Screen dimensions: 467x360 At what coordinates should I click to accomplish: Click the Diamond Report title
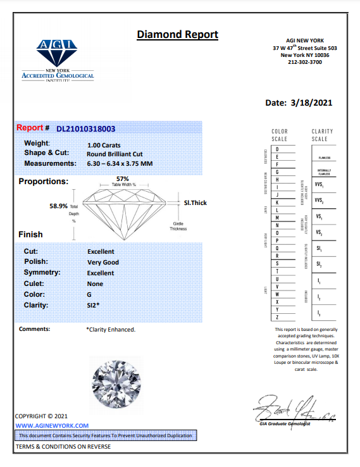click(177, 35)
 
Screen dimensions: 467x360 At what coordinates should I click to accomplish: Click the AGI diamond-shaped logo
click(58, 52)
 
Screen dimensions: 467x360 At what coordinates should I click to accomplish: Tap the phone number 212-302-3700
click(305, 62)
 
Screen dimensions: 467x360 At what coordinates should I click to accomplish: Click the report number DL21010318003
click(86, 128)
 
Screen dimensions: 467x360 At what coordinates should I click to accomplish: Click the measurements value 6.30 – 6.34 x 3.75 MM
click(120, 164)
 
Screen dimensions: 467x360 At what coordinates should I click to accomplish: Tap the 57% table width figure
click(123, 178)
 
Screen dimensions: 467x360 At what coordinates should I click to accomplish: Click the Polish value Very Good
click(103, 262)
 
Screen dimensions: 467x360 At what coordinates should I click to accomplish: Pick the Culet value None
click(95, 284)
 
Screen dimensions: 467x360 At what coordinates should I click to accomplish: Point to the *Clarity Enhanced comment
click(111, 329)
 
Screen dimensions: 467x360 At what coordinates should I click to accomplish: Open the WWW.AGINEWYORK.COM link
click(52, 426)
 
